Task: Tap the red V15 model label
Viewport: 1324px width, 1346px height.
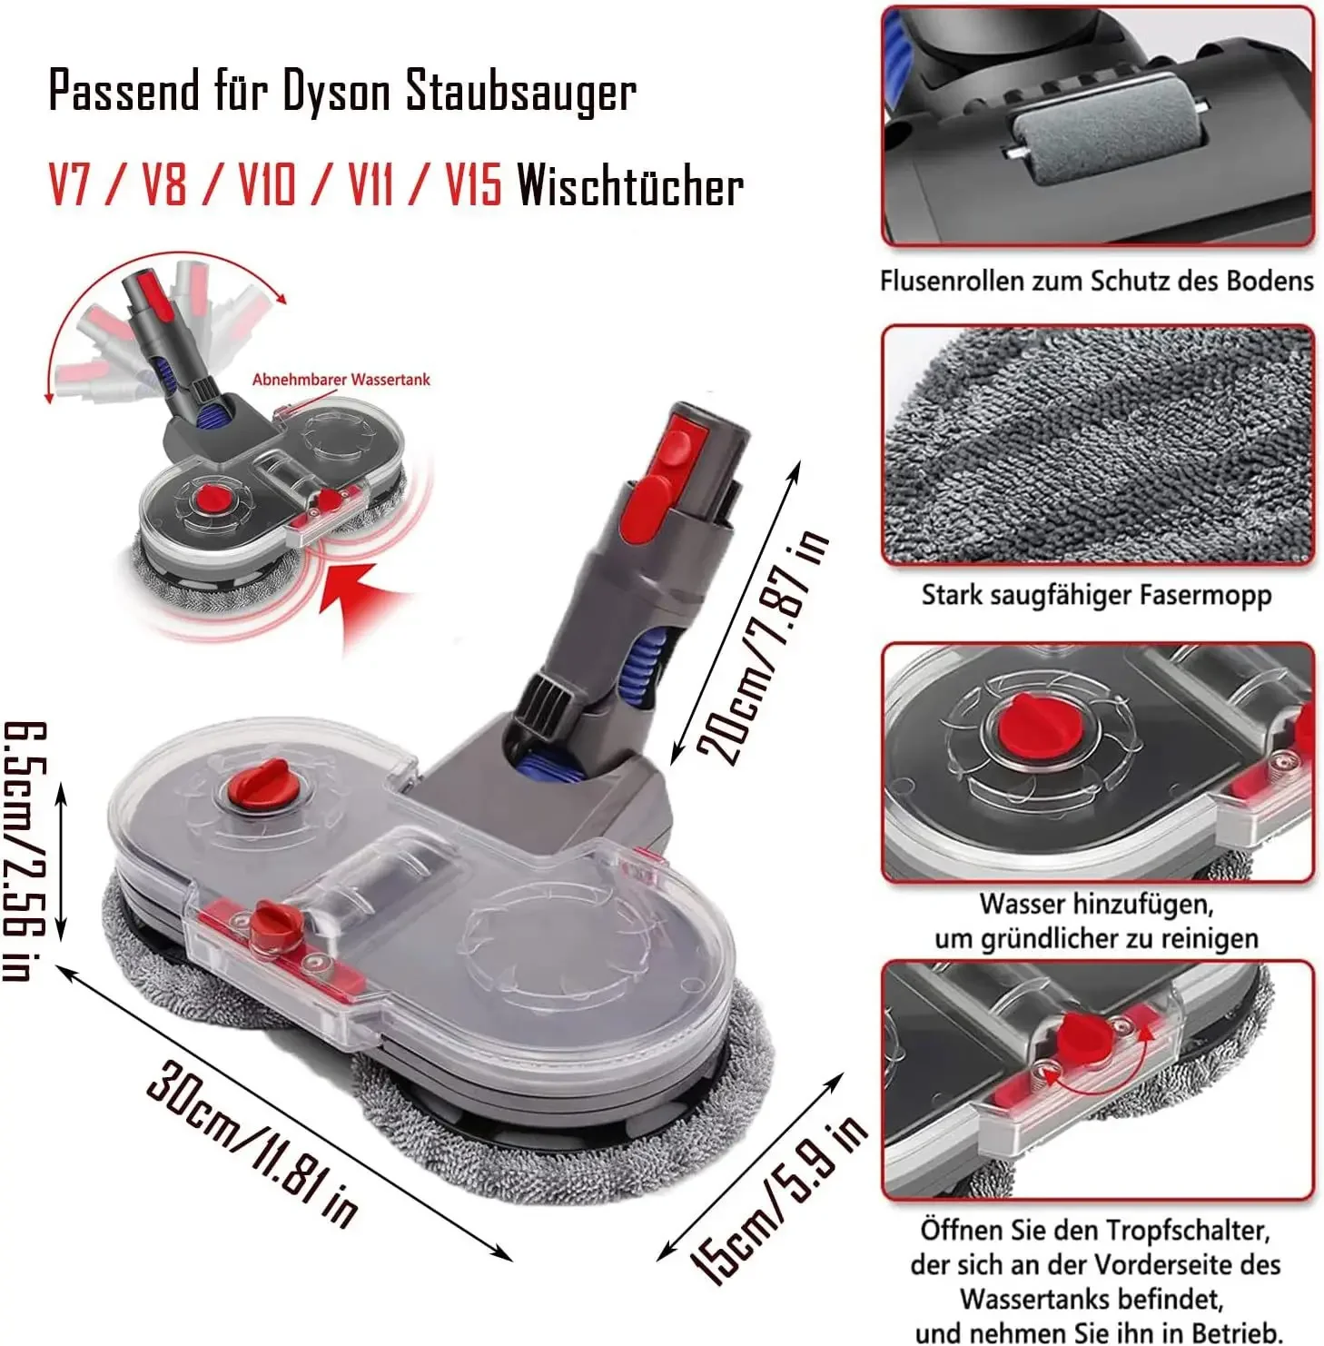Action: [x=473, y=186]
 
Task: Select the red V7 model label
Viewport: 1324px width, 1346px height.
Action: [x=69, y=186]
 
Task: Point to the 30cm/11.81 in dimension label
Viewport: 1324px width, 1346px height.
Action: [x=252, y=1142]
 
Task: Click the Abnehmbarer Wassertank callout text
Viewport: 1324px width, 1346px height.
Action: [x=341, y=380]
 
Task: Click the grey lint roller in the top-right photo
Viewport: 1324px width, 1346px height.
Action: [x=1105, y=144]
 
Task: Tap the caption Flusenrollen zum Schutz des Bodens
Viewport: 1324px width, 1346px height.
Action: [x=1096, y=282]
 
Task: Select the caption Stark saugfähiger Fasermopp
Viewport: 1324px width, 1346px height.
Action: [x=1096, y=596]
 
